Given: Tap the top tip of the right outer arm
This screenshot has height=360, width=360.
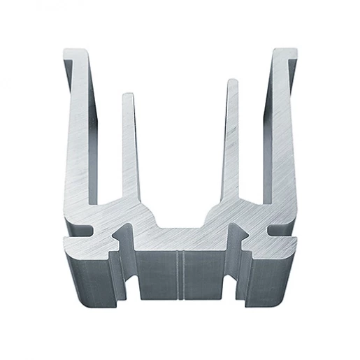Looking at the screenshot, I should pyautogui.click(x=286, y=51).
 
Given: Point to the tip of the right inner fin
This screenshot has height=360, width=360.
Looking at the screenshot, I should pyautogui.click(x=232, y=82).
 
